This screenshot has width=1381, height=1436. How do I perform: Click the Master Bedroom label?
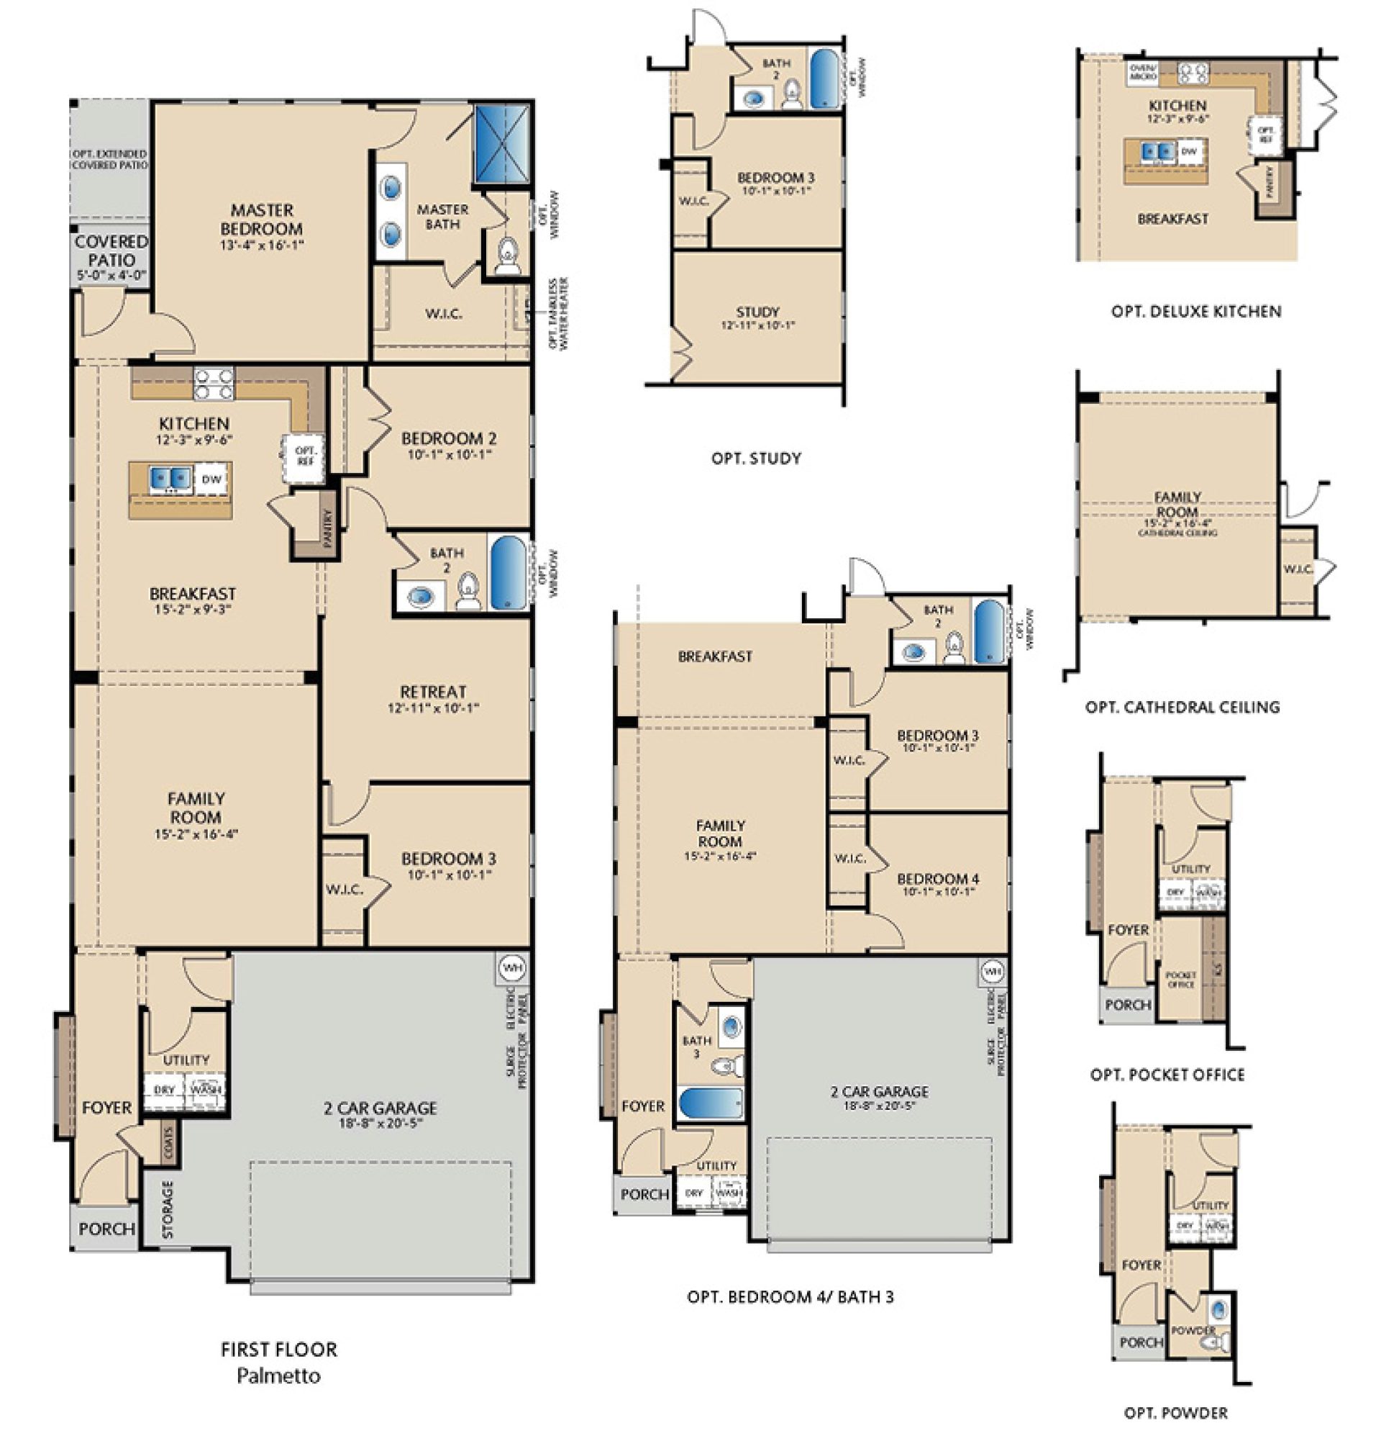(x=260, y=219)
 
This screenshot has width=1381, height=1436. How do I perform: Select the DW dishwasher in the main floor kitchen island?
(x=211, y=480)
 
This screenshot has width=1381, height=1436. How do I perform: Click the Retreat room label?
(x=433, y=692)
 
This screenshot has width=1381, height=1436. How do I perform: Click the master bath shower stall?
(x=501, y=144)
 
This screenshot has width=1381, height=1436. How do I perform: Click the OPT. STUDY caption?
(x=756, y=459)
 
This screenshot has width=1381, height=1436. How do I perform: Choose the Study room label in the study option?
(x=757, y=312)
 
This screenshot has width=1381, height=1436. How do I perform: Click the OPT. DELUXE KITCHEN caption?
(x=1195, y=312)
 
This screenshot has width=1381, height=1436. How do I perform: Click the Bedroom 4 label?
(x=937, y=878)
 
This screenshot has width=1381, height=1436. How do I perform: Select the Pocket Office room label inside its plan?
(x=1180, y=980)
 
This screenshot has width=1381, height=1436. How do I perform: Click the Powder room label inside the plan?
(x=1193, y=1329)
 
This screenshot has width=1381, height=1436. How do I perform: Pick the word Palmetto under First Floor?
(x=278, y=1376)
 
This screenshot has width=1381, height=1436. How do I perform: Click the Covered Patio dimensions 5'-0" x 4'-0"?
(x=111, y=276)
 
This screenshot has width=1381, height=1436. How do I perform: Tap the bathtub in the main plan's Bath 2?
(x=507, y=573)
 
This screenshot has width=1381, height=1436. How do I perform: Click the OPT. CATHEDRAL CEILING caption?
(x=1182, y=708)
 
